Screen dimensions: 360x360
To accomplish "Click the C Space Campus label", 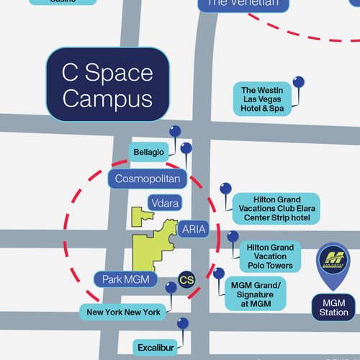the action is [x=107, y=84].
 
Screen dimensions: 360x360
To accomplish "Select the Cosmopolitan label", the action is [x=148, y=178].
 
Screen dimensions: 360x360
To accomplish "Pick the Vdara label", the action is [x=165, y=203].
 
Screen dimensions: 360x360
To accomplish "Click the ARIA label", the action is [x=194, y=230].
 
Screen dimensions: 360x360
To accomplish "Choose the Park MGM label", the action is [x=125, y=279].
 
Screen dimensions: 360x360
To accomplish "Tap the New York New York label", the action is [x=123, y=312].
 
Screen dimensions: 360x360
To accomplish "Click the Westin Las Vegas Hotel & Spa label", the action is [x=263, y=99].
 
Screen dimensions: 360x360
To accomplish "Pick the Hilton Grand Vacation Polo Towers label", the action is [x=270, y=256].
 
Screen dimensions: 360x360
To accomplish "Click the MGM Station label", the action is [x=333, y=307].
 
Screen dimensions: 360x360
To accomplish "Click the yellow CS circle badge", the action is [x=187, y=279].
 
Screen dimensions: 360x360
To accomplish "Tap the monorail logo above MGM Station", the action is [x=333, y=261].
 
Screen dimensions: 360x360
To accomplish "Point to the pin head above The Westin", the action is [x=298, y=82].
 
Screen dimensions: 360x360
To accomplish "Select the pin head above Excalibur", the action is [x=183, y=323].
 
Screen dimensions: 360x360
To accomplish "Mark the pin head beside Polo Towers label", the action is [x=233, y=236].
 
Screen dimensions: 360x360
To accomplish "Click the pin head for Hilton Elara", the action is [x=226, y=189].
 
